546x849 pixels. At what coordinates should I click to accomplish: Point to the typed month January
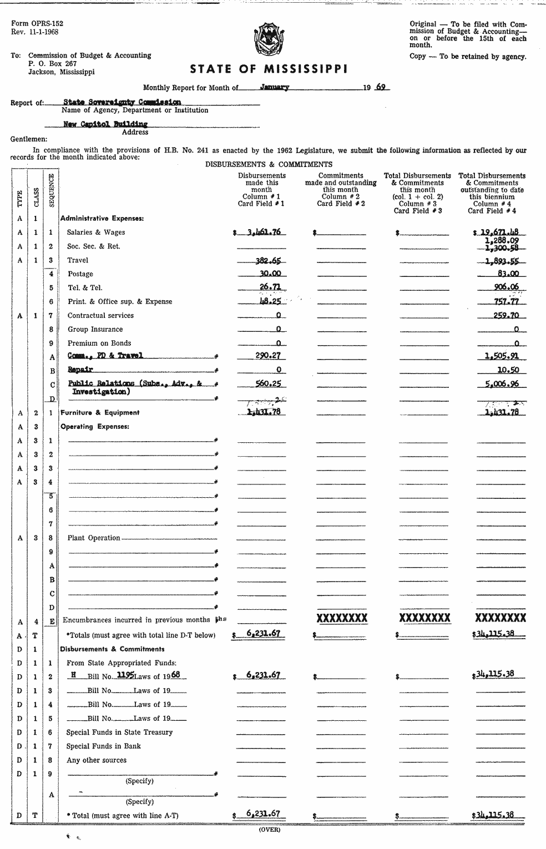pyautogui.click(x=274, y=87)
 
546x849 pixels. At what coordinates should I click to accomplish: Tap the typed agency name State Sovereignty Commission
pyautogui.click(x=122, y=102)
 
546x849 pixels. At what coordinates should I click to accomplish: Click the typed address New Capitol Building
pyautogui.click(x=105, y=124)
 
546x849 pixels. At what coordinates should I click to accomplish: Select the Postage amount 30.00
pyautogui.click(x=270, y=274)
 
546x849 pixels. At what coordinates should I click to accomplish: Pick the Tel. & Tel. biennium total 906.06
pyautogui.click(x=506, y=287)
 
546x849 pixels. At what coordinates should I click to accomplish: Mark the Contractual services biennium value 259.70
pyautogui.click(x=506, y=315)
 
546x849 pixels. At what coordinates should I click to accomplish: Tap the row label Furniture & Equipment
pyautogui.click(x=100, y=413)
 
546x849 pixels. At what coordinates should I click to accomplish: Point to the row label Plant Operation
pyautogui.click(x=94, y=538)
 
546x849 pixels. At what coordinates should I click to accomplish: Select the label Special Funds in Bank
pyautogui.click(x=103, y=746)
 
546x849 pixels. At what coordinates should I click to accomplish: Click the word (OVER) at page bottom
pyautogui.click(x=270, y=830)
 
